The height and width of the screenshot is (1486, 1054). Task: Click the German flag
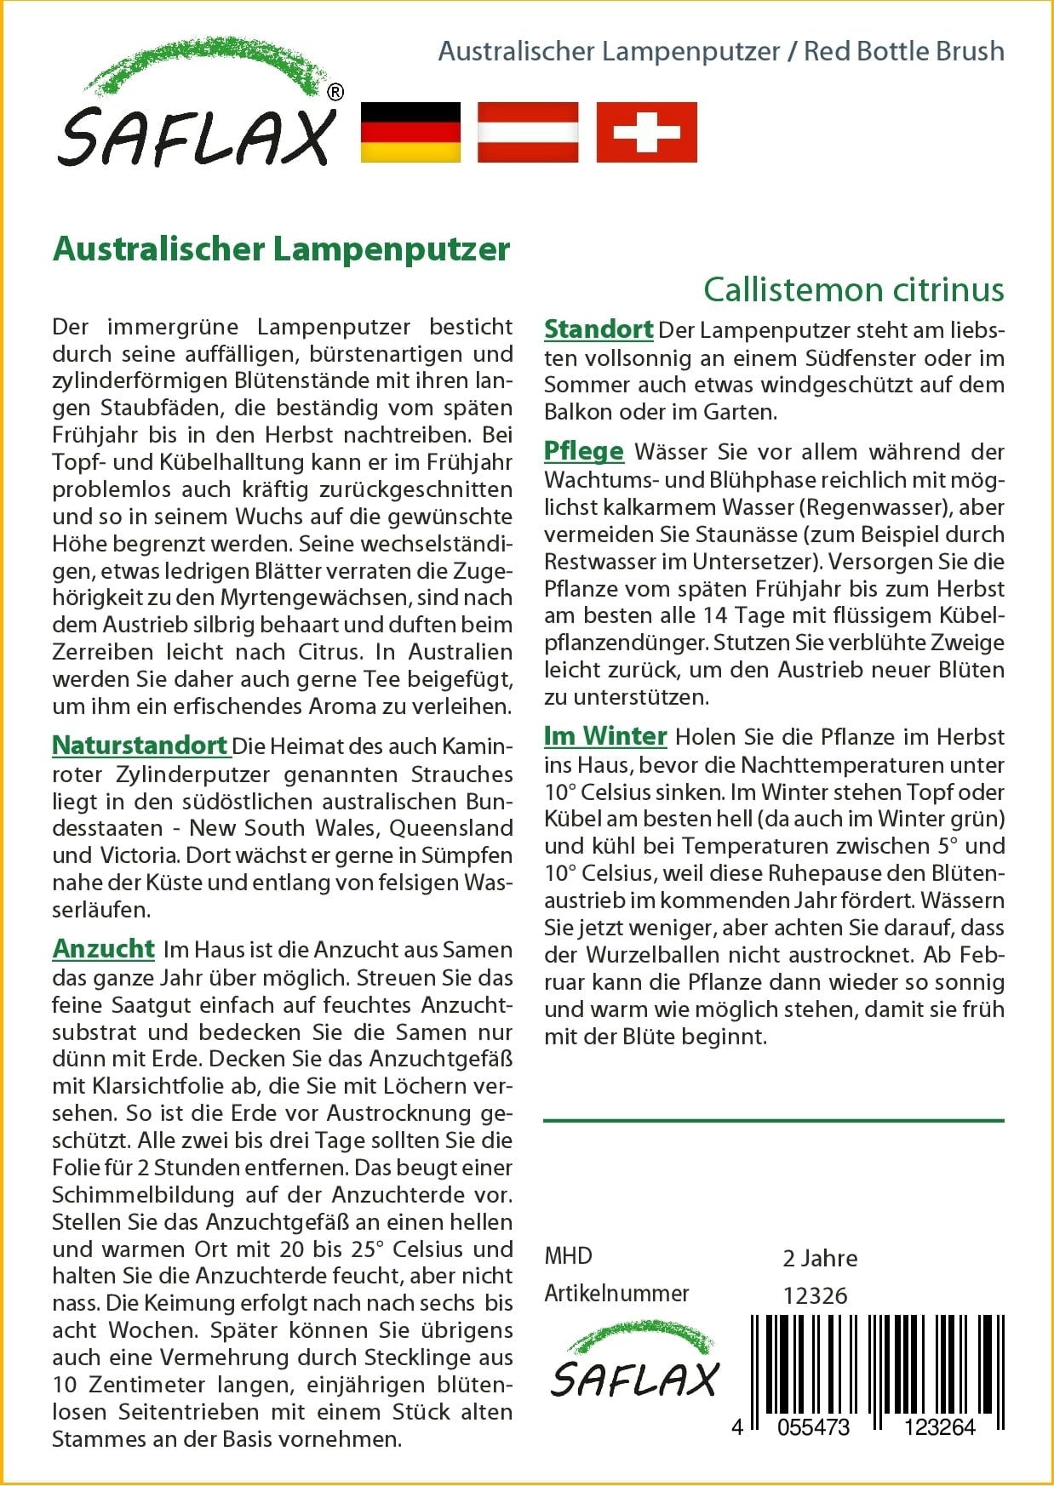[410, 132]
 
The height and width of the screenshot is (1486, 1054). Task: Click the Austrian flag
[528, 132]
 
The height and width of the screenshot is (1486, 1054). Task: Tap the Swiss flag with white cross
[646, 132]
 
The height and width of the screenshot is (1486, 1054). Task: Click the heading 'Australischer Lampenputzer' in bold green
[281, 249]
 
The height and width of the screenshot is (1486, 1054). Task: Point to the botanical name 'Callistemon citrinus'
[853, 290]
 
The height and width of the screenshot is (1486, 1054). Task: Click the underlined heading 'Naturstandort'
[140, 746]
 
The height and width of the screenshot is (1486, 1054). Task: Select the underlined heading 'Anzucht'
[104, 949]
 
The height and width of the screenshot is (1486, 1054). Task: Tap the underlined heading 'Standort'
[599, 329]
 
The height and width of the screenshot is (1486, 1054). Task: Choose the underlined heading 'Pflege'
[584, 451]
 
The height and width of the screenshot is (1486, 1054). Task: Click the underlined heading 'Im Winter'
[605, 736]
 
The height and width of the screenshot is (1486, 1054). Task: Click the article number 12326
[815, 1295]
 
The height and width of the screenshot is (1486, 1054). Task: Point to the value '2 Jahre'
[820, 1258]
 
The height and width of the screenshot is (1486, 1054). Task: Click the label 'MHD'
[568, 1256]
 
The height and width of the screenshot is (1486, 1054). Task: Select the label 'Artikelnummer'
[616, 1294]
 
